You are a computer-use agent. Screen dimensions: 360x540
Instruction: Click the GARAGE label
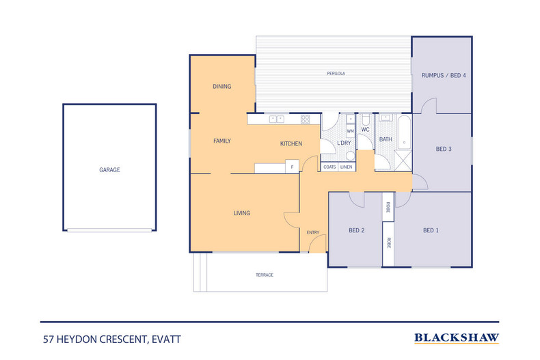pos(109,170)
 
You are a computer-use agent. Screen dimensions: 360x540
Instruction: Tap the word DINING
pos(222,87)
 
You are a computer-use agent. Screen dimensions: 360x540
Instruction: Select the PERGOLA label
pos(334,73)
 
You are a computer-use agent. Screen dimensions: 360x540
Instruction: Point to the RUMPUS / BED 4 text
pos(444,75)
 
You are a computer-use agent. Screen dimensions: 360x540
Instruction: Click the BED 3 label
pos(444,149)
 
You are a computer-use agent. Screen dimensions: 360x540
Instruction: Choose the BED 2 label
pos(357,231)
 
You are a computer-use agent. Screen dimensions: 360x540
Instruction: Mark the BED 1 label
pos(431,231)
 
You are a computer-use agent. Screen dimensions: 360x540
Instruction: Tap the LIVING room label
pos(242,213)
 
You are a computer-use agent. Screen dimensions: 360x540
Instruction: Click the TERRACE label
pos(265,275)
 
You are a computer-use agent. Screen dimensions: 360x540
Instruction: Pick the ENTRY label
pos(313,233)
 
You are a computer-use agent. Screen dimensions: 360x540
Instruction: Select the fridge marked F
pos(292,167)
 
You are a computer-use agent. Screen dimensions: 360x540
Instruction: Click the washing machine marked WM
pos(351,130)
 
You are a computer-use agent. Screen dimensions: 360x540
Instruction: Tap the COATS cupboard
pos(329,167)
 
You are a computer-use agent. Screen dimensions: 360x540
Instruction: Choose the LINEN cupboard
pos(347,167)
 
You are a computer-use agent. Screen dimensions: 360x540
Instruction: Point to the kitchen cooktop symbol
pos(305,120)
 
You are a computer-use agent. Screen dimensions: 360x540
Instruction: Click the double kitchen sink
pos(278,120)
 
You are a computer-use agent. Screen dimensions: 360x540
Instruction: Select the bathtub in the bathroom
pos(404,132)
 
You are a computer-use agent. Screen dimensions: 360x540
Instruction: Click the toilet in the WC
pos(365,119)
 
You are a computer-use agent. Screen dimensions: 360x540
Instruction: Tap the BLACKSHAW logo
pos(457,337)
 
